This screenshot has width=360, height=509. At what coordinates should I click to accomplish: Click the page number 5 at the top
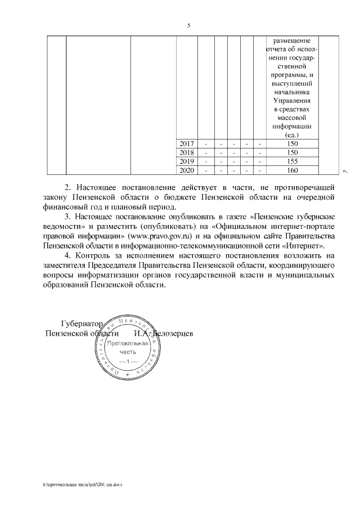click(189, 26)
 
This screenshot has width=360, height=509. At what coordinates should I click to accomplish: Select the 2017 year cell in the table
click(186, 144)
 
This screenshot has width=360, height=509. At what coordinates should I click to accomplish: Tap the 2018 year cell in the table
click(186, 152)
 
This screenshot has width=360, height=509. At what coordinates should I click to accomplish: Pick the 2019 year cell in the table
click(186, 161)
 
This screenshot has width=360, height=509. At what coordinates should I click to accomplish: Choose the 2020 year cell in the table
click(186, 170)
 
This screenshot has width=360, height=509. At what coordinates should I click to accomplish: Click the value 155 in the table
click(292, 161)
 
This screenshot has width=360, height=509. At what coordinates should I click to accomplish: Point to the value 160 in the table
click(292, 170)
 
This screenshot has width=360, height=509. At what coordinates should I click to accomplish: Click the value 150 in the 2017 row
click(292, 144)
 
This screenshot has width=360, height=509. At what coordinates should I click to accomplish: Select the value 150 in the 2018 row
click(292, 152)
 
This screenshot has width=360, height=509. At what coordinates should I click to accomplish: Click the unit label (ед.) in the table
click(292, 135)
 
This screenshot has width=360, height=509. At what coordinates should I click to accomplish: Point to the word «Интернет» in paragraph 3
click(306, 246)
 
